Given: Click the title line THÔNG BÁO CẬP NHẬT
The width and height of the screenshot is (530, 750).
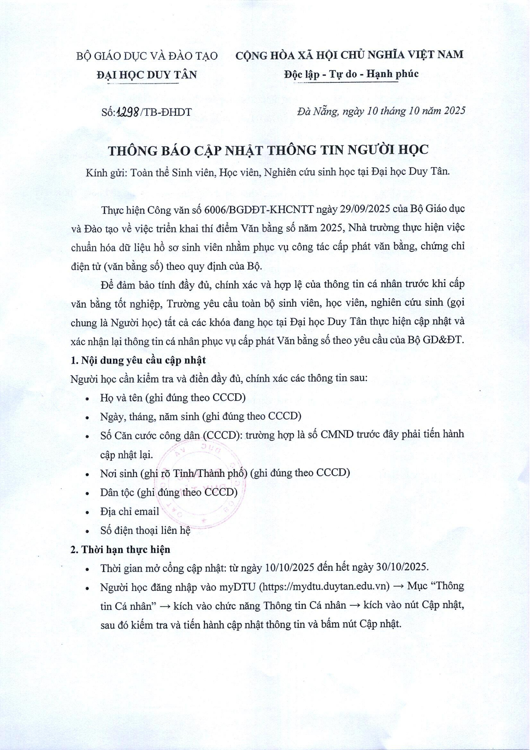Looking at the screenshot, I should (268, 150).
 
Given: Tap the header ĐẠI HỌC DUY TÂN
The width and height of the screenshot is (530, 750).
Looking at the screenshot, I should (147, 75).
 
